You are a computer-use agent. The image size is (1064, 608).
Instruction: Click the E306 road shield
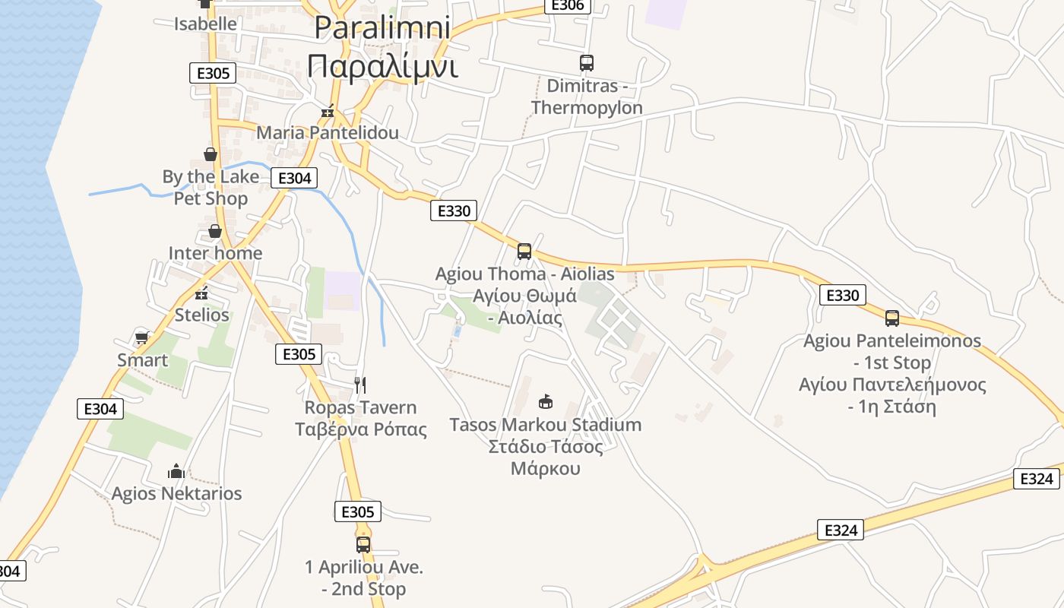[568, 5]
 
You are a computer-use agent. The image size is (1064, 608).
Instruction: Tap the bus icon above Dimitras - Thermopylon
[586, 63]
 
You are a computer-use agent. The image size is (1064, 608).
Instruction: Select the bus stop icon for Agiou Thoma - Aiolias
[524, 252]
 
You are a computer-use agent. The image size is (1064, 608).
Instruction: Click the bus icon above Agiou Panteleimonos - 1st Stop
[891, 318]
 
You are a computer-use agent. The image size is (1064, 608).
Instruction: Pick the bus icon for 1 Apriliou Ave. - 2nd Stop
[363, 544]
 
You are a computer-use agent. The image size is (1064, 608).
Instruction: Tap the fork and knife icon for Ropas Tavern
[360, 385]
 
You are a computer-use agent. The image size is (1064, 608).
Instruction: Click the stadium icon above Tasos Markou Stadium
[545, 402]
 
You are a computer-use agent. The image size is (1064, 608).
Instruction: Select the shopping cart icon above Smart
[141, 337]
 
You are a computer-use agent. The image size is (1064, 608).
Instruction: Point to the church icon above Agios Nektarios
[176, 472]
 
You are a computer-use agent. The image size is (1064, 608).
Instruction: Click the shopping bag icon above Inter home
[215, 231]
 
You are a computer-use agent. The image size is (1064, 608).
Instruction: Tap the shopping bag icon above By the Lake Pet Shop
[211, 155]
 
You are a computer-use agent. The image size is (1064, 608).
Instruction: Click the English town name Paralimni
[382, 27]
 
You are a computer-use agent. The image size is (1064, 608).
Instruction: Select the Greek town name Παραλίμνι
[382, 66]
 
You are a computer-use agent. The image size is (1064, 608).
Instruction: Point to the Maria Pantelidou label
[328, 133]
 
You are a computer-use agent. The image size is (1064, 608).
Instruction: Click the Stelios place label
[201, 315]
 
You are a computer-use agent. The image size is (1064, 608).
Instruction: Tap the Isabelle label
[205, 24]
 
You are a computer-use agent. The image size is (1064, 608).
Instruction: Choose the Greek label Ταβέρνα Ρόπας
[361, 429]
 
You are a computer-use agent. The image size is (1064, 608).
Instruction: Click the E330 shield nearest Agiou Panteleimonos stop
[843, 295]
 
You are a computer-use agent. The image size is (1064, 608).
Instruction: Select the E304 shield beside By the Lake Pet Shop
[294, 178]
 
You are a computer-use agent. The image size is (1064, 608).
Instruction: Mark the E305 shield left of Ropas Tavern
[299, 353]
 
